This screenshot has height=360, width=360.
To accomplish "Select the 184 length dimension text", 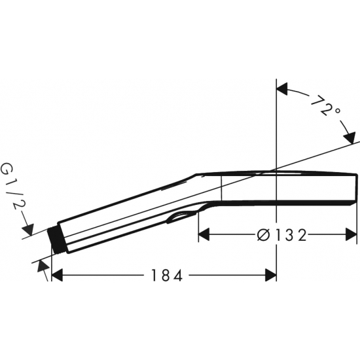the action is click(167, 275).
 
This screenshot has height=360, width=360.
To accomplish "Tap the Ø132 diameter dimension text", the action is click(282, 235).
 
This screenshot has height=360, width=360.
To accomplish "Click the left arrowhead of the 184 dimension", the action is click(58, 275).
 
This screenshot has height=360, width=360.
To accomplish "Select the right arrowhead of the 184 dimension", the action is click(271, 275).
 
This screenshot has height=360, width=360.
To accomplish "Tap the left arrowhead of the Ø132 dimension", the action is click(204, 234).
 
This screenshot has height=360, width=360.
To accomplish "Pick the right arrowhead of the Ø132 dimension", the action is click(351, 234).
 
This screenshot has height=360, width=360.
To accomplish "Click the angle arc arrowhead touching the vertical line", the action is click(282, 89).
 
